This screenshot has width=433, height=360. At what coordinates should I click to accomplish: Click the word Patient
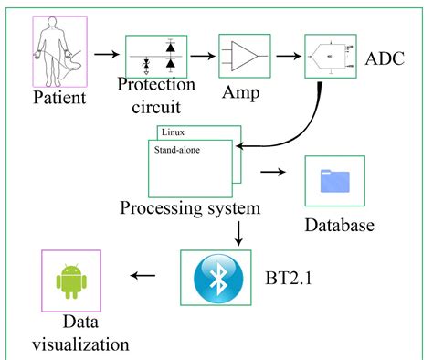click(61, 96)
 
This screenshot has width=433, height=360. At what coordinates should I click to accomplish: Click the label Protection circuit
click(156, 95)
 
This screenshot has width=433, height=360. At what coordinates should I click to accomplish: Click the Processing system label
click(190, 207)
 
